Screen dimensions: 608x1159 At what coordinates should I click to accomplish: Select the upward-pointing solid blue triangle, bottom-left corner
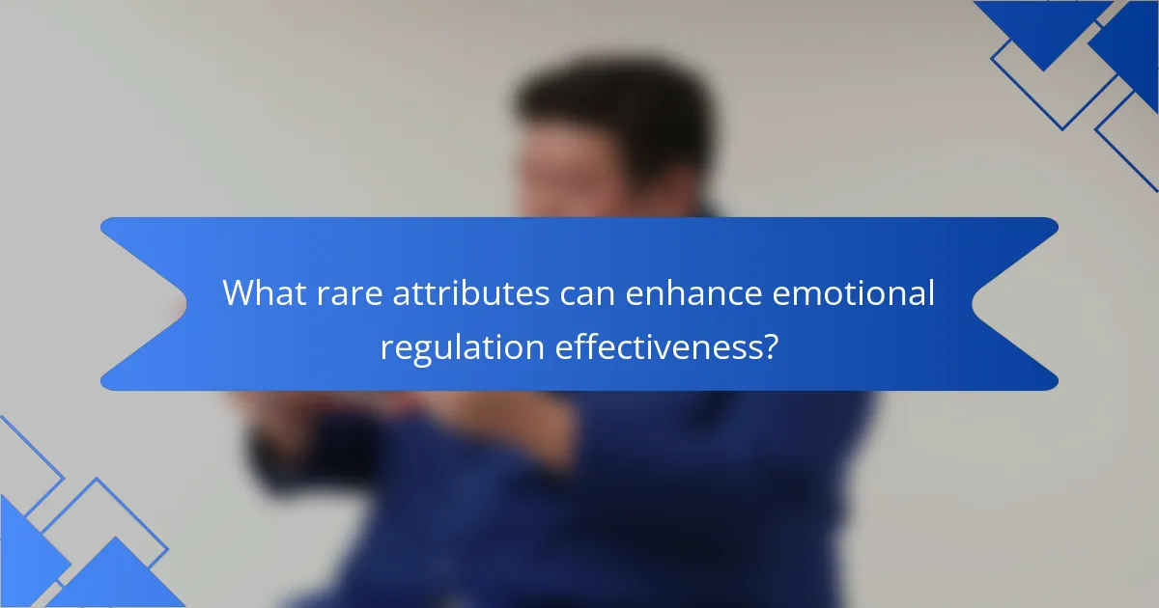(116, 579)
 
